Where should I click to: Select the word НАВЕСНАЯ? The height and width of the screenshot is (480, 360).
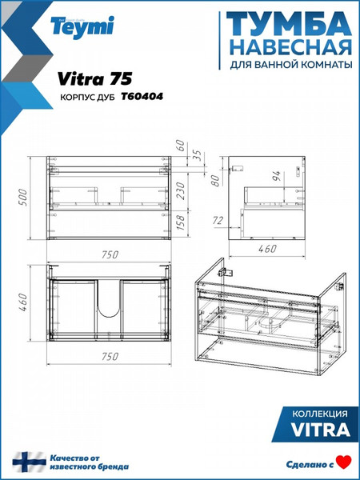coord(290,45)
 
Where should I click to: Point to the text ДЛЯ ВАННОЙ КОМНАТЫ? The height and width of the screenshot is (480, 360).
coord(290,64)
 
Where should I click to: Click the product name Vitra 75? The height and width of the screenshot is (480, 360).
coord(89,78)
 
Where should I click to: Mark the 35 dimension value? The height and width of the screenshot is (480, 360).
coord(195,157)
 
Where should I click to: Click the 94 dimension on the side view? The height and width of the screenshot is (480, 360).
coord(276,174)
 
